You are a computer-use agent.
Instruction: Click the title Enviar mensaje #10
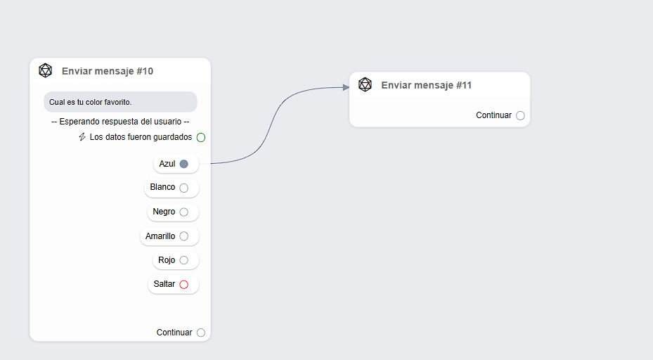pyautogui.click(x=108, y=71)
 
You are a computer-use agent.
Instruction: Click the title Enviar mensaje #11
pyautogui.click(x=427, y=85)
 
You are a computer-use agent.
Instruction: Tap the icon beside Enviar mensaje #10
pyautogui.click(x=46, y=70)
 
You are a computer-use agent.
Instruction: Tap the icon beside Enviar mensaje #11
pyautogui.click(x=365, y=84)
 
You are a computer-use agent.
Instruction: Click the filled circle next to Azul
pyautogui.click(x=184, y=164)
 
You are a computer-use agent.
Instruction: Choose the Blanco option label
pyautogui.click(x=162, y=188)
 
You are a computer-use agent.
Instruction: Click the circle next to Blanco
pyautogui.click(x=184, y=188)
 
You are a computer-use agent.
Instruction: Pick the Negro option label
pyautogui.click(x=164, y=212)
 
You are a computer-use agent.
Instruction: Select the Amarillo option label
pyautogui.click(x=160, y=236)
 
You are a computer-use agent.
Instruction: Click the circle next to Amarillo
pyautogui.click(x=184, y=236)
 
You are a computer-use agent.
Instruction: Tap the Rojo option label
pyautogui.click(x=167, y=260)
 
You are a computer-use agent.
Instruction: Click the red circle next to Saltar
pyautogui.click(x=184, y=285)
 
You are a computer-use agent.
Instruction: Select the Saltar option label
pyautogui.click(x=164, y=284)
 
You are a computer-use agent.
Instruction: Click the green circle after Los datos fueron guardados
pyautogui.click(x=201, y=137)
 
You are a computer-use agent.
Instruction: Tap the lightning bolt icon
pyautogui.click(x=82, y=137)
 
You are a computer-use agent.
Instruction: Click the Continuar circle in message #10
pyautogui.click(x=201, y=333)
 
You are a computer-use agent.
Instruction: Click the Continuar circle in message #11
pyautogui.click(x=520, y=115)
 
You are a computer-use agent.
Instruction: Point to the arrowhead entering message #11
pyautogui.click(x=346, y=87)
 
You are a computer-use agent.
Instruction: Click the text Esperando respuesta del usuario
pyautogui.click(x=120, y=122)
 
